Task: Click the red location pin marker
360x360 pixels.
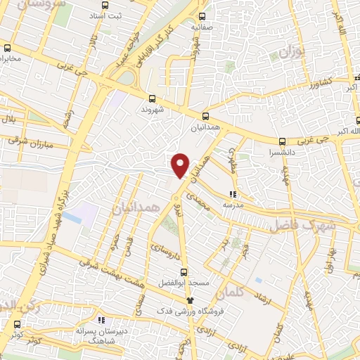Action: pyautogui.click(x=181, y=165)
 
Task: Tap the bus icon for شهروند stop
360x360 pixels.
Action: pyautogui.click(x=152, y=98)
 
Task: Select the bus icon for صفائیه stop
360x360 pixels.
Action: pyautogui.click(x=202, y=16)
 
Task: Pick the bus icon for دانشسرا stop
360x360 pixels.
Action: pyautogui.click(x=282, y=141)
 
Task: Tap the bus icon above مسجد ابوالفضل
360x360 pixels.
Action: pyautogui.click(x=184, y=272)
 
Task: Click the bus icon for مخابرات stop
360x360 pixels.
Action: pyautogui.click(x=7, y=49)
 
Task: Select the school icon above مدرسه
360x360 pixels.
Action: pyautogui.click(x=233, y=194)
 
